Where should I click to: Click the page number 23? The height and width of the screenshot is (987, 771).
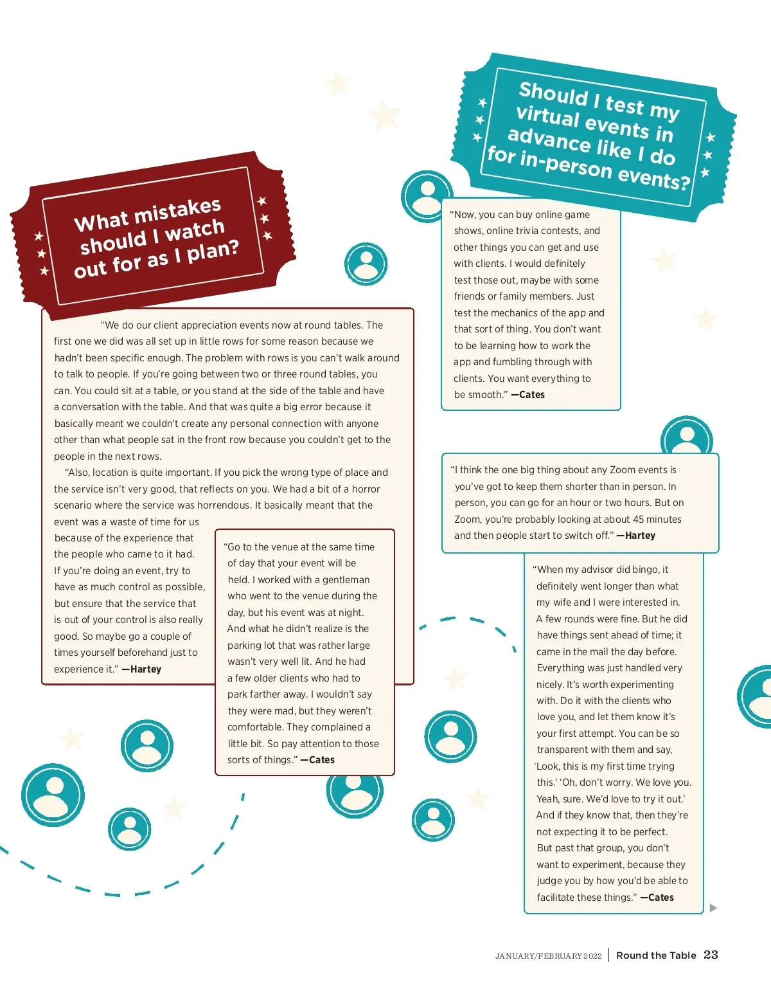coord(711,955)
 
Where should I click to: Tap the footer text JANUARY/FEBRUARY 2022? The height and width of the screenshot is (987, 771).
coord(548,956)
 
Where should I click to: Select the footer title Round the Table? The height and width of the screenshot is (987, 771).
coord(655,955)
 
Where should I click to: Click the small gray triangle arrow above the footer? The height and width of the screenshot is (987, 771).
coord(713,908)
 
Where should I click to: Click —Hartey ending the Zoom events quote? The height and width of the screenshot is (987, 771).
coord(635,536)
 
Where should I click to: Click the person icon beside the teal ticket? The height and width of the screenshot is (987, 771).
coord(427,196)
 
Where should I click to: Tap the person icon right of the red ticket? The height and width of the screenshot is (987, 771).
coord(366,264)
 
